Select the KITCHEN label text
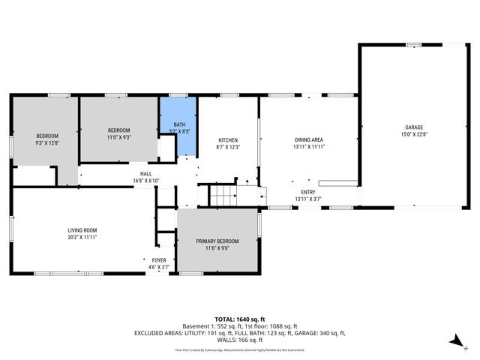coord(228,141)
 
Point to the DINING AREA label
coord(308,140)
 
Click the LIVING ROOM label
coord(82,230)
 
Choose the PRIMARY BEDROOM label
coord(217,241)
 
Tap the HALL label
coord(145,174)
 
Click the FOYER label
coord(158,260)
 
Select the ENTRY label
coord(308,192)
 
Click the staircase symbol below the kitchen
coord(223,196)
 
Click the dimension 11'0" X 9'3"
coord(118,137)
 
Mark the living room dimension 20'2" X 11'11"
coord(82,238)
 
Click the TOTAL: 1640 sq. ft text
coord(240,319)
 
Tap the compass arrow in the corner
coord(455,341)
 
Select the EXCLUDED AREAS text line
coord(240,332)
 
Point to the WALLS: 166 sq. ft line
coord(240,339)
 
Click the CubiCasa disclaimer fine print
coord(240,349)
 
